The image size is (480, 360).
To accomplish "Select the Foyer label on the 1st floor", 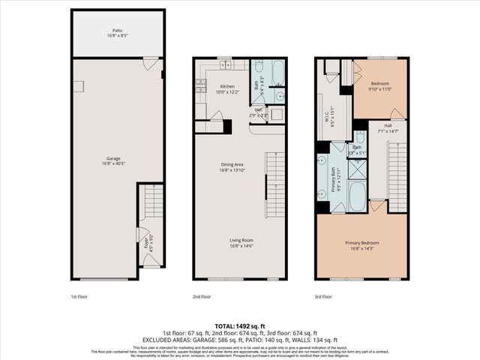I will click(147, 242).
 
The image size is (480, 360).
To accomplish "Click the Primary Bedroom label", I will click(362, 243).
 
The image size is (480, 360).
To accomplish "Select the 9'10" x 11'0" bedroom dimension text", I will click(381, 89).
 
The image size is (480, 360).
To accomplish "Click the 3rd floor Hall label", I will click(388, 125).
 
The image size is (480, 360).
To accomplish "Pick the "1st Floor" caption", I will click(79, 297).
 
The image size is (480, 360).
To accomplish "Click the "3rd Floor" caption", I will click(323, 297).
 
